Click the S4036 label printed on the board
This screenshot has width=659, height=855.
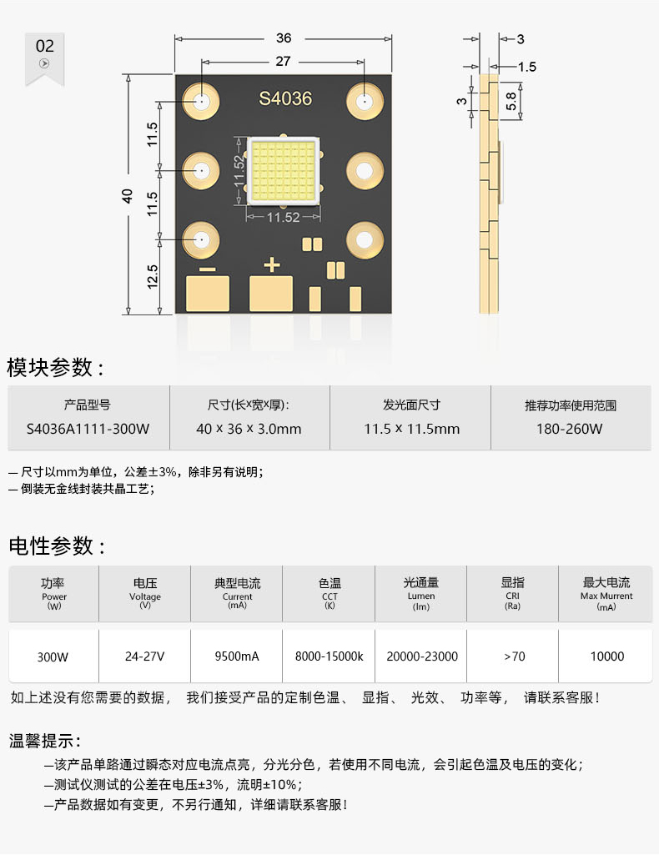pyautogui.click(x=285, y=98)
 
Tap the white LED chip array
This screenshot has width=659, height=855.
pyautogui.click(x=284, y=171)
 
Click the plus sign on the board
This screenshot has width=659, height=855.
pyautogui.click(x=271, y=265)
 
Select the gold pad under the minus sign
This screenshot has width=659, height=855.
pyautogui.click(x=208, y=294)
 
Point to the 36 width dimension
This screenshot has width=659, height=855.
pyautogui.click(x=284, y=38)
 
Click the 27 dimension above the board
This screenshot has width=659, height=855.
pyautogui.click(x=284, y=62)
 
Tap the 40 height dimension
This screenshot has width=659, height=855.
pyautogui.click(x=128, y=196)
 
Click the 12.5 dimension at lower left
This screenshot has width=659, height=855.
pyautogui.click(x=152, y=278)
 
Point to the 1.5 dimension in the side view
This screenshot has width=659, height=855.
pyautogui.click(x=526, y=67)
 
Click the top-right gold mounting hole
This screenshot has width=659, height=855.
pyautogui.click(x=364, y=103)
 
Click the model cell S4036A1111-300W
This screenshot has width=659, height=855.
pyautogui.click(x=88, y=429)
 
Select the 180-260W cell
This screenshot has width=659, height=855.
pyautogui.click(x=570, y=429)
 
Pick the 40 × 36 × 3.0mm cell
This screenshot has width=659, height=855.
pyautogui.click(x=249, y=429)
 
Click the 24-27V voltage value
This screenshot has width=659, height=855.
pyautogui.click(x=145, y=656)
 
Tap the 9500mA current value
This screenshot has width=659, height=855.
pyautogui.click(x=237, y=656)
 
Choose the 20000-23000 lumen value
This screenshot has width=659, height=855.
pyautogui.click(x=421, y=656)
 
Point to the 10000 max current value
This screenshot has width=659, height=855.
pyautogui.click(x=606, y=656)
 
